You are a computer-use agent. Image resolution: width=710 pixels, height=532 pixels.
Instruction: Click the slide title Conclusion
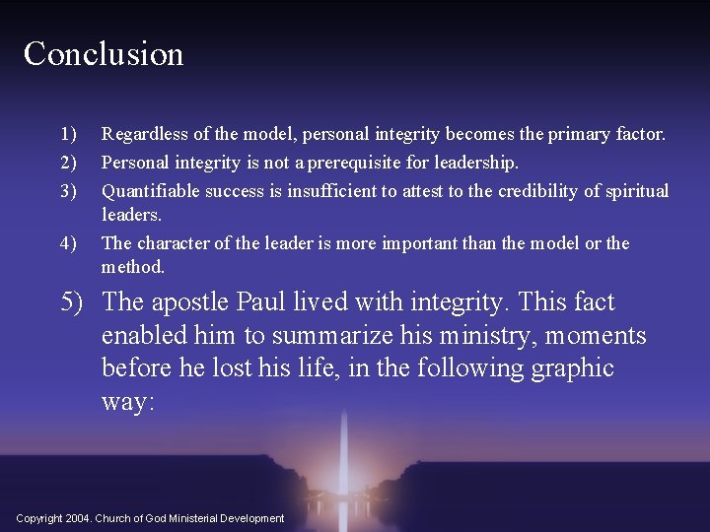(104, 53)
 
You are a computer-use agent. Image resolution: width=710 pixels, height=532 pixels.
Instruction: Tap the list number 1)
(68, 133)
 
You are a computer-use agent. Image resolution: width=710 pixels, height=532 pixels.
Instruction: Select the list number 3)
(68, 190)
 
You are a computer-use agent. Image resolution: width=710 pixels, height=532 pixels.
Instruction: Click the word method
(132, 267)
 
